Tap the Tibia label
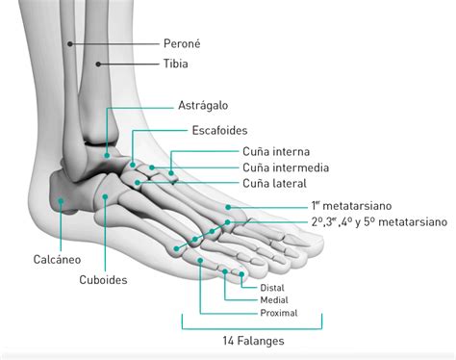[174, 64]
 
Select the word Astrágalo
[202, 105]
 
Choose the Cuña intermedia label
[286, 167]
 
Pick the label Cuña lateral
[274, 183]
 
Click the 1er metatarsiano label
[356, 206]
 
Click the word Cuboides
[105, 281]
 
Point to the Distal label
[272, 287]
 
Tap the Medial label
[274, 300]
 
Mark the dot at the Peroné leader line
[71, 44]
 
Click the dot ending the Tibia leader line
[100, 64]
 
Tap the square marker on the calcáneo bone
[61, 201]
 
